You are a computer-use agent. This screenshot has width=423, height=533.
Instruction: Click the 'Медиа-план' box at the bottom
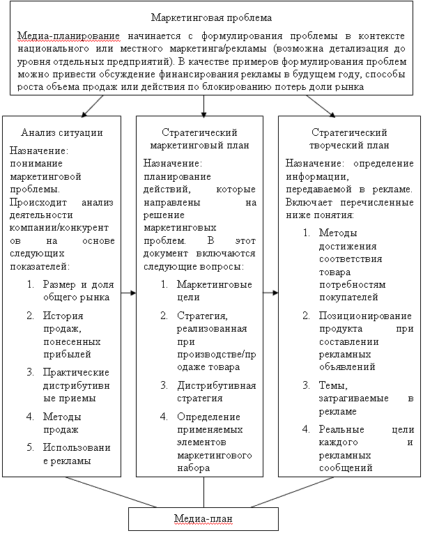(203, 520)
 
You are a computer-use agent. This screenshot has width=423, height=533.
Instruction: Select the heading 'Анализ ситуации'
(62, 132)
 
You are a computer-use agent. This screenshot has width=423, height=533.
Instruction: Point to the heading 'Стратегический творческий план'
(349, 139)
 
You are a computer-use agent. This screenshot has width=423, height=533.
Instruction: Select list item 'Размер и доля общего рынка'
(75, 291)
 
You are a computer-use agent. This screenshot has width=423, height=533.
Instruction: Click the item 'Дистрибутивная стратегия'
(215, 392)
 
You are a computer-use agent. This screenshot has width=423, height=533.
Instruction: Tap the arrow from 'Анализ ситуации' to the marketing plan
(128, 293)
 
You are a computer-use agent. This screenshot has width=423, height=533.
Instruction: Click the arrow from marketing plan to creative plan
(270, 293)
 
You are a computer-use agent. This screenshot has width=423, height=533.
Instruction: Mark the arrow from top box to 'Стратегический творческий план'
(321, 105)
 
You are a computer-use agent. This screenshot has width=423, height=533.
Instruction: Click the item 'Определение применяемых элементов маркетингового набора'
(215, 442)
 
